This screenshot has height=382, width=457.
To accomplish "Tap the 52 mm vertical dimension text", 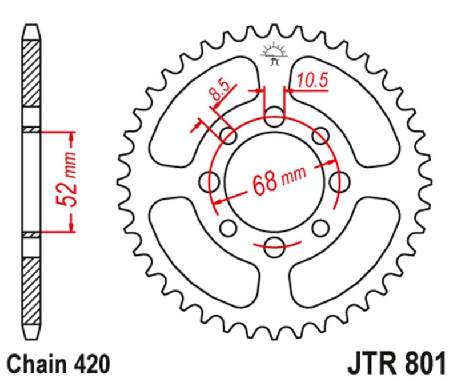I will click(x=64, y=181).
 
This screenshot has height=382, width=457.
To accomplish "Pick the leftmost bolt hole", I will click(x=210, y=182).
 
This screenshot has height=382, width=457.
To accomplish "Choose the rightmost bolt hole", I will click(x=338, y=182).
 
